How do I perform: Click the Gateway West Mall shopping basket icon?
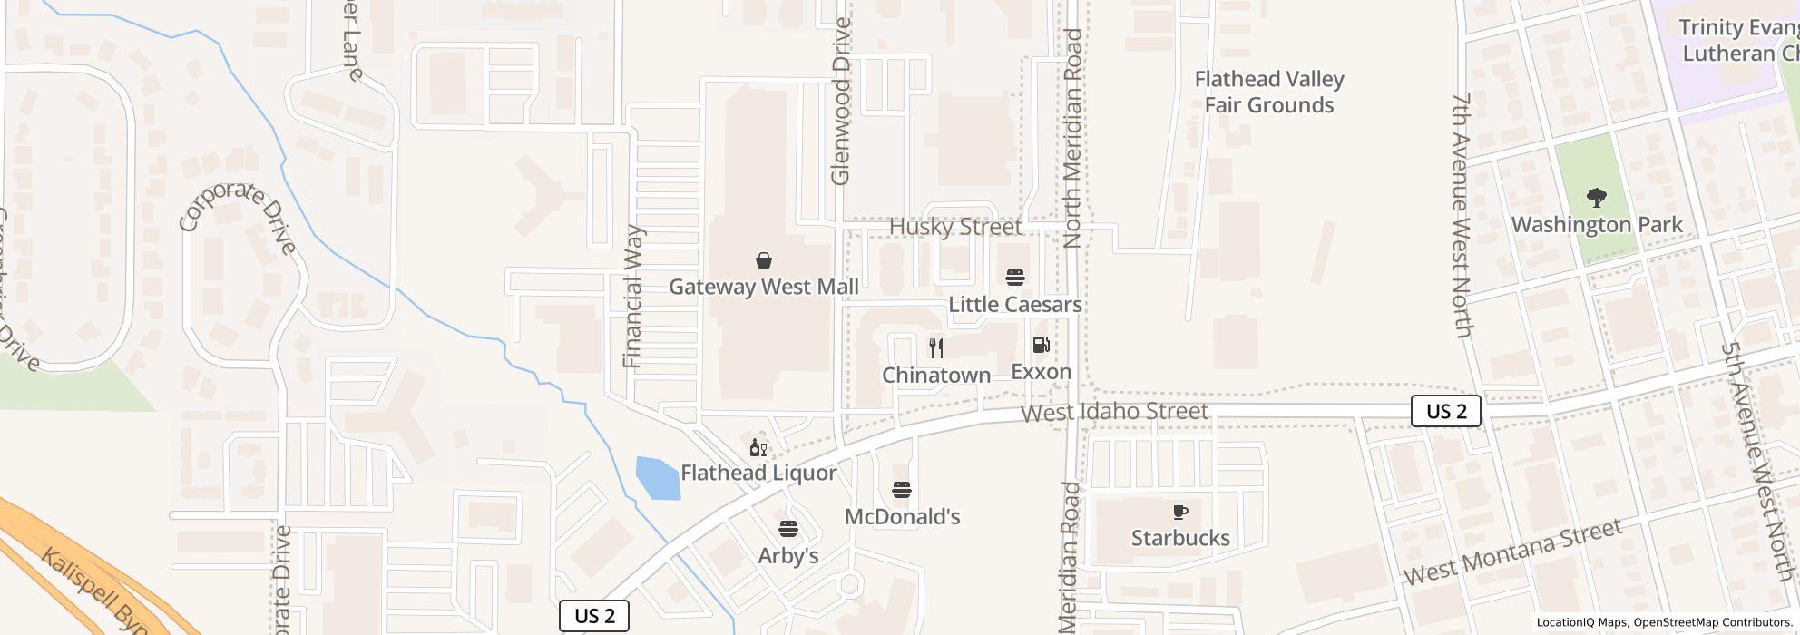click(x=764, y=261)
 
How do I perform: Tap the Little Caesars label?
click(x=1015, y=305)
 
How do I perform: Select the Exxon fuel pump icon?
click(x=1042, y=345)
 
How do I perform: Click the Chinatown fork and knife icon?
click(x=936, y=347)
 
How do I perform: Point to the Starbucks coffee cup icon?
click(x=1179, y=513)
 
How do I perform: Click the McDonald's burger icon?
click(x=901, y=491)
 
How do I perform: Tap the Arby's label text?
click(x=788, y=556)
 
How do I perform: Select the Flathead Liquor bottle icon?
click(x=758, y=447)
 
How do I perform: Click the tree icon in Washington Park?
click(x=1596, y=198)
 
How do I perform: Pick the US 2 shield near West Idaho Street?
click(x=1446, y=411)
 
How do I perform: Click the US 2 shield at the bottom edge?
click(x=594, y=616)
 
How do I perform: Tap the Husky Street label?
click(x=955, y=227)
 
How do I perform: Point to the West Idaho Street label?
click(x=1114, y=413)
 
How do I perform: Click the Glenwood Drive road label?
click(x=841, y=102)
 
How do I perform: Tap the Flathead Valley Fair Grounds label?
click(x=1269, y=93)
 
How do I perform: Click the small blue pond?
click(x=658, y=478)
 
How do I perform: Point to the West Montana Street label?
click(x=1512, y=552)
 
